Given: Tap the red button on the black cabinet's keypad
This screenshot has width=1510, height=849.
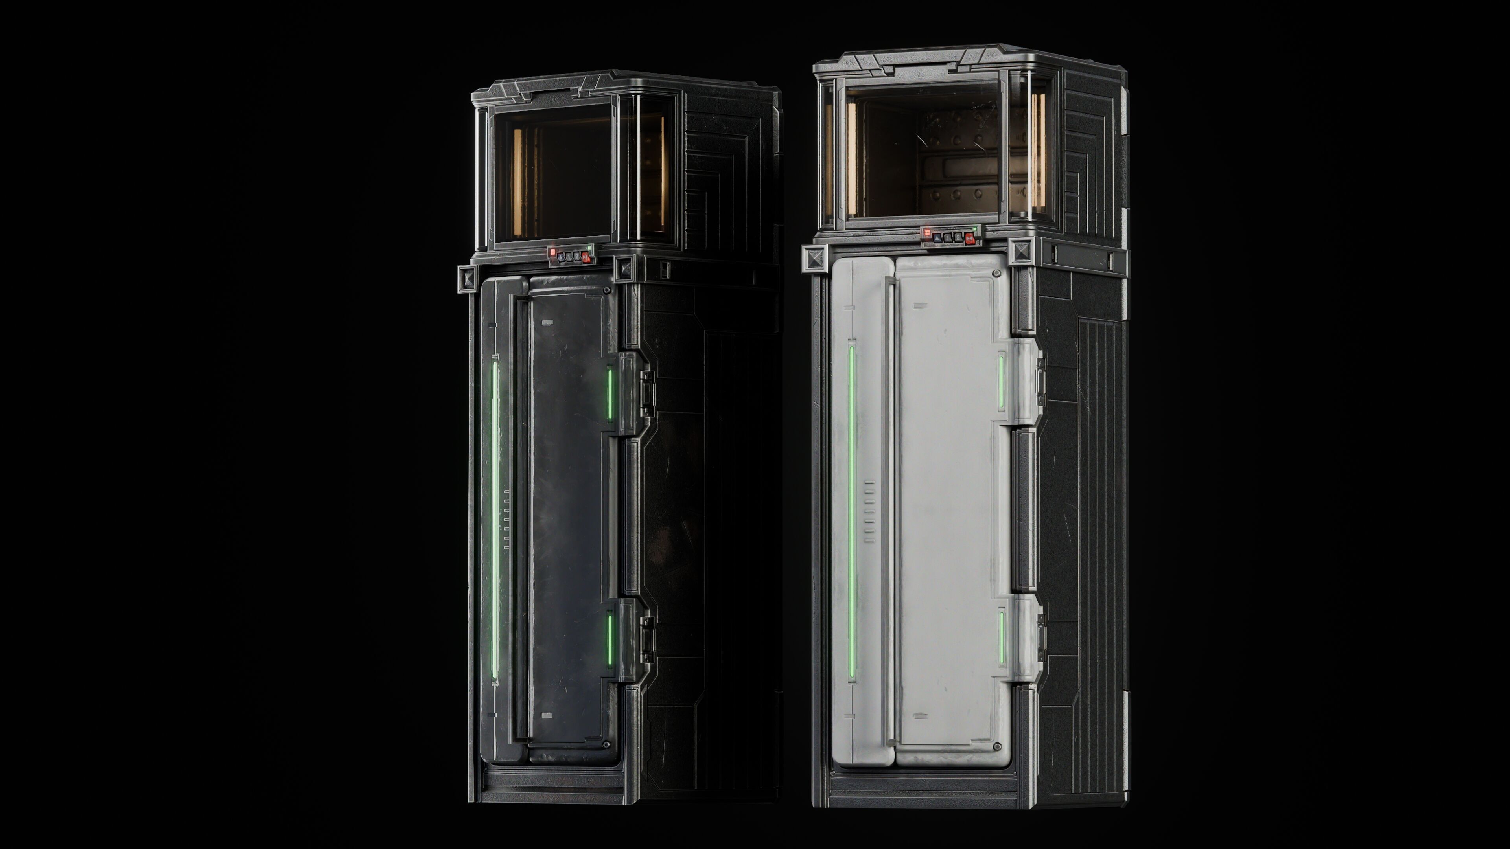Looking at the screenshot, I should click(x=586, y=257).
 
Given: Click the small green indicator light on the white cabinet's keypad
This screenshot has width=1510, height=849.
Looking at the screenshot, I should click(x=975, y=229).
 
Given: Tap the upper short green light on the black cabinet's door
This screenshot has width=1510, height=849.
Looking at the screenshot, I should click(x=610, y=394).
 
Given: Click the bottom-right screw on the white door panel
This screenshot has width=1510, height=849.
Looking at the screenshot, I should click(x=996, y=746).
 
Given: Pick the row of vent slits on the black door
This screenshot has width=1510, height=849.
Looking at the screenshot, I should click(x=506, y=520).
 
